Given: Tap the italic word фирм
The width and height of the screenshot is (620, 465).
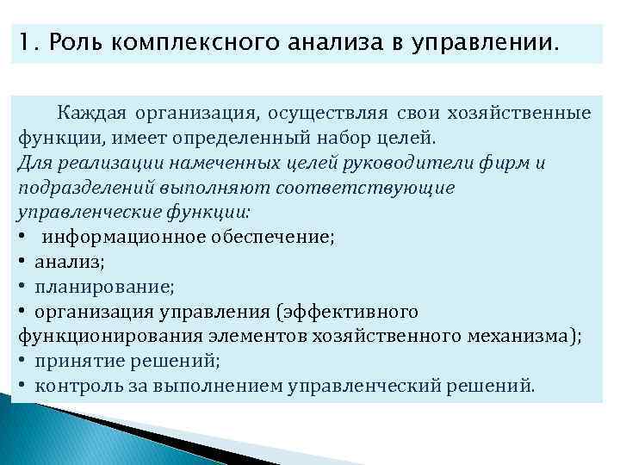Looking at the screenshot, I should pyautogui.click(x=510, y=164).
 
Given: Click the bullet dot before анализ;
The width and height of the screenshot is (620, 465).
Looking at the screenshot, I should pyautogui.click(x=19, y=263).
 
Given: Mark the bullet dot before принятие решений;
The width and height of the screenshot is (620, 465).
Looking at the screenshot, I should pyautogui.click(x=19, y=361).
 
